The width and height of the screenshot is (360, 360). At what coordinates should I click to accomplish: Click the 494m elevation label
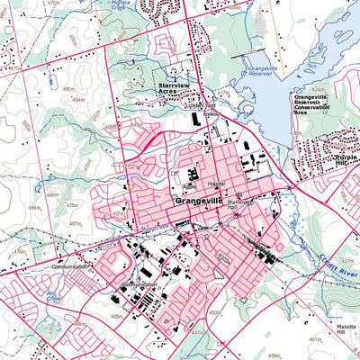[x=78, y=99]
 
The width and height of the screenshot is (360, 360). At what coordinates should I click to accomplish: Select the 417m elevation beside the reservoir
[x=223, y=93]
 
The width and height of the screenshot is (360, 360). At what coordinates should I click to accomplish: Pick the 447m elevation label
[x=197, y=332]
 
